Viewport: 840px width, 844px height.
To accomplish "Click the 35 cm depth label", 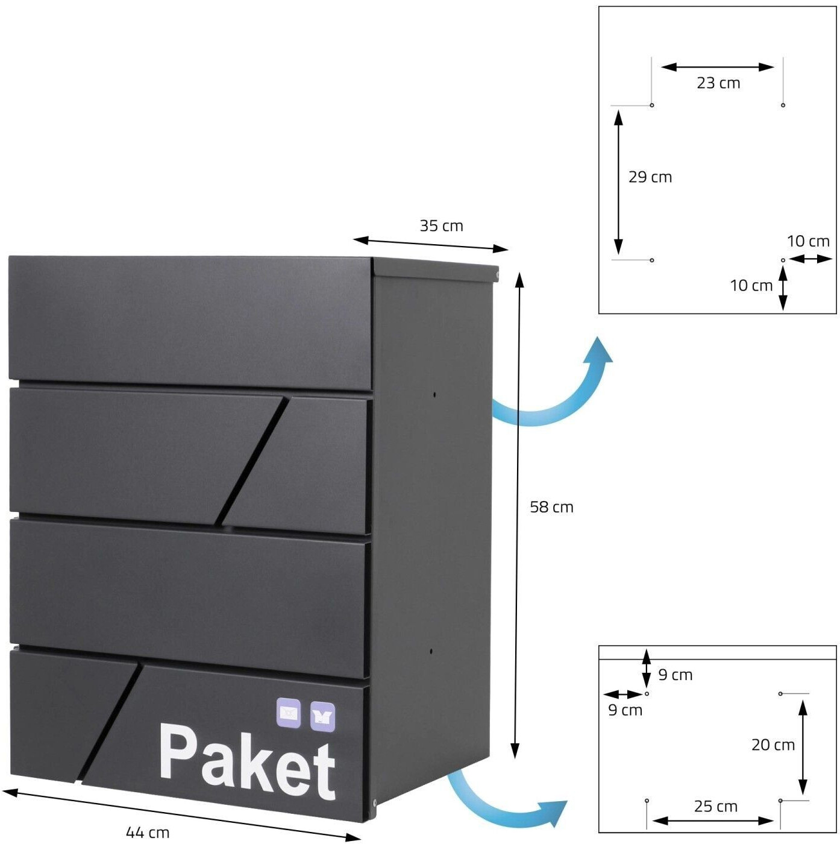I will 441,226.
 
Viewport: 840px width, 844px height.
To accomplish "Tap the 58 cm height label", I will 551,507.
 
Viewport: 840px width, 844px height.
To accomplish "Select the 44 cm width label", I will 148,833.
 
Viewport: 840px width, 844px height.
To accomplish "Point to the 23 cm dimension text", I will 718,83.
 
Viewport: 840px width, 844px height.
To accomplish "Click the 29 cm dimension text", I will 650,177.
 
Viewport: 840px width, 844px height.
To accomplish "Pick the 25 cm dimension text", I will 715,807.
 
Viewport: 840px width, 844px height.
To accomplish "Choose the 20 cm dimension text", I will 773,745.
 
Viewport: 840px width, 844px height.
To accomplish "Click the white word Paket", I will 247,761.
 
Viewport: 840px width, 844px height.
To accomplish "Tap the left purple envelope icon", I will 289,713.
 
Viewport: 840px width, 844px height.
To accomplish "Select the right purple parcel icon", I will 322,717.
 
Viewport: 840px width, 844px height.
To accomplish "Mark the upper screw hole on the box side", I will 434,395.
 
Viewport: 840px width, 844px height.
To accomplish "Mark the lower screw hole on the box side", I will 431,651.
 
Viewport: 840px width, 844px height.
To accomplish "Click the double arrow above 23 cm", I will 717,67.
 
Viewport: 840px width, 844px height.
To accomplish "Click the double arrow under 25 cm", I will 713,820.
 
